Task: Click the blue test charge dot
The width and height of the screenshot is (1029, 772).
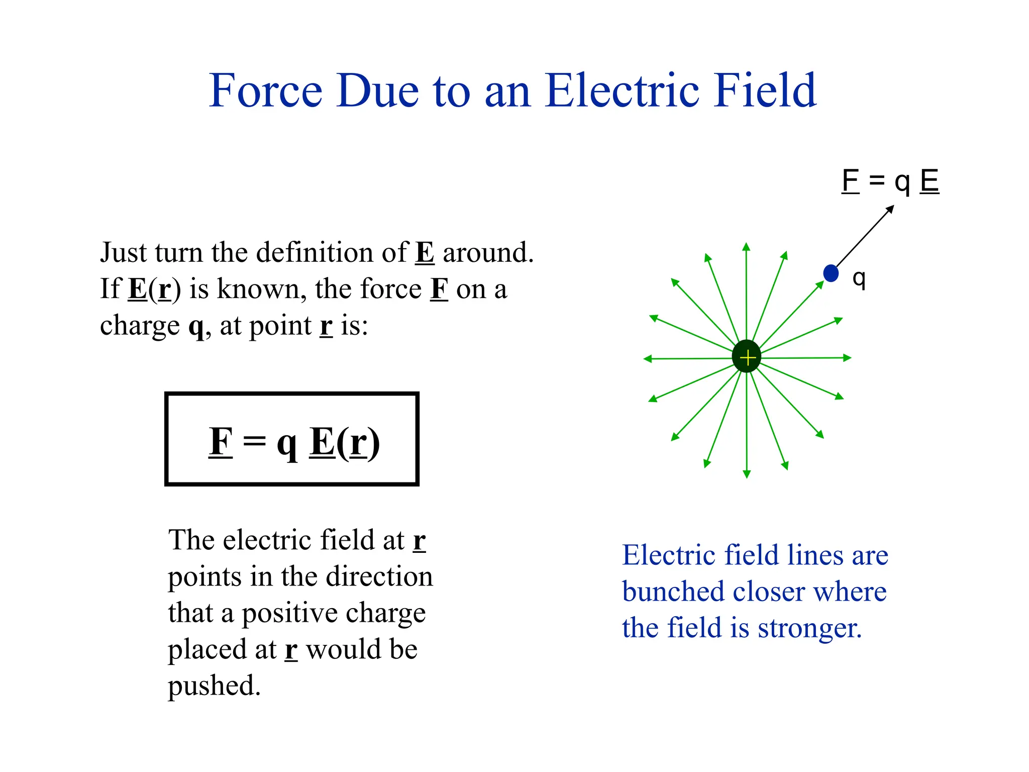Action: tap(831, 273)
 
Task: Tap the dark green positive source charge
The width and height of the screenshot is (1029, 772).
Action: tap(747, 357)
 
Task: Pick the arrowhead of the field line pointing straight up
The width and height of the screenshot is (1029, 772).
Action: tap(746, 247)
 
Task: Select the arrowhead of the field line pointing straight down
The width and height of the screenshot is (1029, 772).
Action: tap(747, 473)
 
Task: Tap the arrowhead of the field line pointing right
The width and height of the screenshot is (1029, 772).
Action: tap(847, 358)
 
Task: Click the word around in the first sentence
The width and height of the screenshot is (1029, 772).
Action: tap(487, 252)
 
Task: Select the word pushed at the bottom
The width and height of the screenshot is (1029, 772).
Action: tap(214, 687)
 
